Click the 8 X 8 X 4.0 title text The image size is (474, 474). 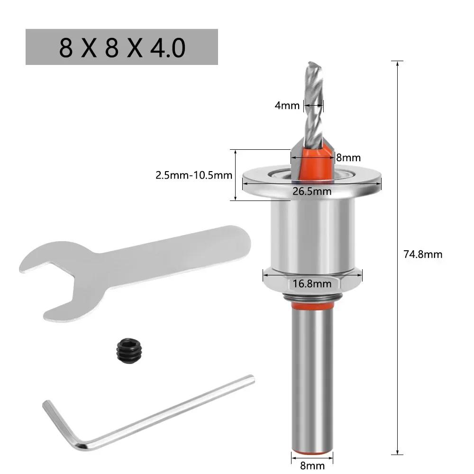click(122, 48)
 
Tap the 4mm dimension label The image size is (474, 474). click(287, 105)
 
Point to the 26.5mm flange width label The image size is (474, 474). click(311, 191)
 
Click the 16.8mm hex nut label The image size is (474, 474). click(311, 284)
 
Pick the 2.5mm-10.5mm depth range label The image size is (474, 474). click(194, 175)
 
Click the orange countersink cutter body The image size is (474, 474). click(313, 164)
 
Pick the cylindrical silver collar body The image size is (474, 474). click(311, 232)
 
